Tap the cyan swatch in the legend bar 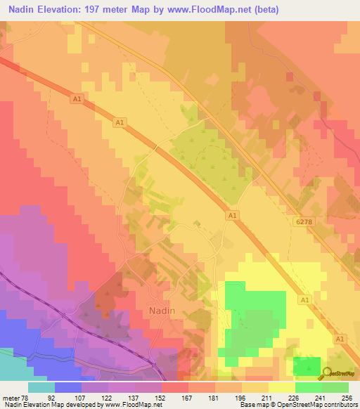(x=41, y=387)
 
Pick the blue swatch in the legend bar (x=68, y=387)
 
